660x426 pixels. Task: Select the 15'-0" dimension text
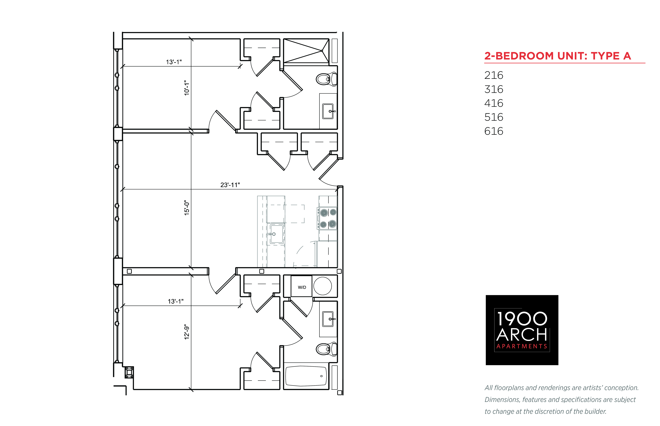(187, 208)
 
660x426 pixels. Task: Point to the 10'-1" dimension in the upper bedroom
(187, 88)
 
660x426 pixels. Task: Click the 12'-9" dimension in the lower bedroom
(187, 332)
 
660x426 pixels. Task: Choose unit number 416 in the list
(493, 103)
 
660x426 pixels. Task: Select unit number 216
(493, 75)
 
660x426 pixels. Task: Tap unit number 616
(493, 131)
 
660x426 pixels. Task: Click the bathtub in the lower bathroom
(306, 376)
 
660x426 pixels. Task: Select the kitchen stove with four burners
(327, 218)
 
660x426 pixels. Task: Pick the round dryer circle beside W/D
(322, 286)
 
